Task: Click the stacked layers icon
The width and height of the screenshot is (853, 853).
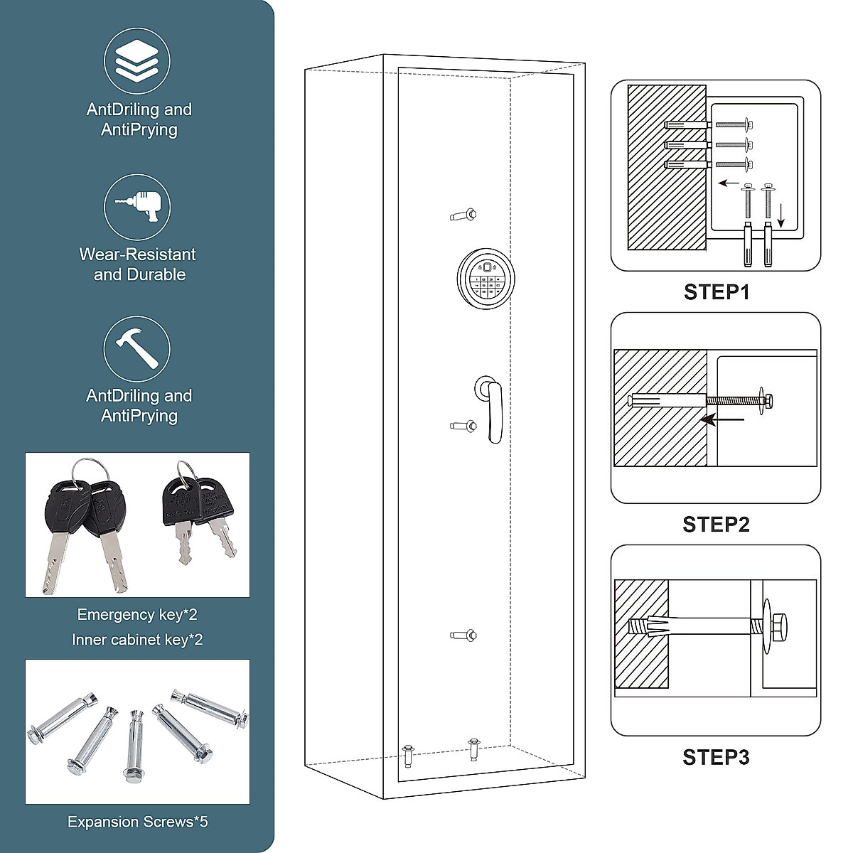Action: click(137, 60)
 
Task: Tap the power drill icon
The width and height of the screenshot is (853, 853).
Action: click(137, 207)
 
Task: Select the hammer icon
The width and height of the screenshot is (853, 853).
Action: click(137, 349)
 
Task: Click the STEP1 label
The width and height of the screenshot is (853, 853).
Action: click(716, 292)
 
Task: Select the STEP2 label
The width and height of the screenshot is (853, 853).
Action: click(716, 525)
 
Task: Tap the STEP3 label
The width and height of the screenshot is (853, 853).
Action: click(716, 758)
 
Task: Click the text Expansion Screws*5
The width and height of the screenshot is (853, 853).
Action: click(138, 822)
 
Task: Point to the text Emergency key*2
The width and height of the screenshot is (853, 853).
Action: click(137, 615)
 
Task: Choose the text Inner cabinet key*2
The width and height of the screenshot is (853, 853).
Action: click(137, 640)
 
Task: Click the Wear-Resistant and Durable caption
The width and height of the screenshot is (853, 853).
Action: click(138, 264)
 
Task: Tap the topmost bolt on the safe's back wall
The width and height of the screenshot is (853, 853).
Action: click(464, 215)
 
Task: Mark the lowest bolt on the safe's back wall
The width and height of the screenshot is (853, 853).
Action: click(464, 635)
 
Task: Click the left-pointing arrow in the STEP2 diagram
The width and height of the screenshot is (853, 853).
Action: click(721, 420)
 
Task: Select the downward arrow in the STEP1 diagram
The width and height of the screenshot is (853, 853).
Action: click(780, 215)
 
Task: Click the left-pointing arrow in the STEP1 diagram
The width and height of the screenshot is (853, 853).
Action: click(729, 183)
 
